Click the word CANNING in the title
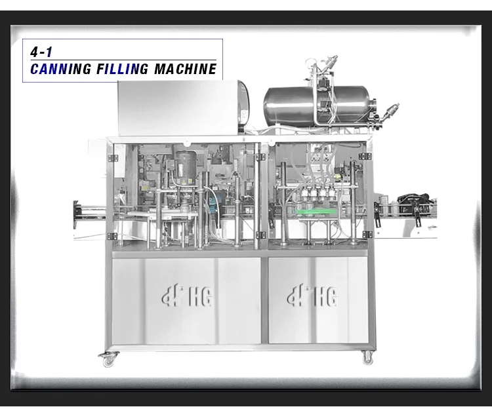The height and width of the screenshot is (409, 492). pyautogui.click(x=60, y=69)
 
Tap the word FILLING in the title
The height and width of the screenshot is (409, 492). pyautogui.click(x=123, y=69)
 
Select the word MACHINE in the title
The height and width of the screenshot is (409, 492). pyautogui.click(x=185, y=69)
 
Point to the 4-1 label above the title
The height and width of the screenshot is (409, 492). pyautogui.click(x=41, y=52)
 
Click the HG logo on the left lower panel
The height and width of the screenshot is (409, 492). pyautogui.click(x=188, y=295)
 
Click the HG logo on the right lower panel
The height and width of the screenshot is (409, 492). pyautogui.click(x=312, y=295)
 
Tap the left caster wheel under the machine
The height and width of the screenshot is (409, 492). pyautogui.click(x=108, y=359)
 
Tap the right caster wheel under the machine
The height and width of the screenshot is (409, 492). pyautogui.click(x=367, y=358)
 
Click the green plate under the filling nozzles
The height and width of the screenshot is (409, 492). pyautogui.click(x=316, y=212)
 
